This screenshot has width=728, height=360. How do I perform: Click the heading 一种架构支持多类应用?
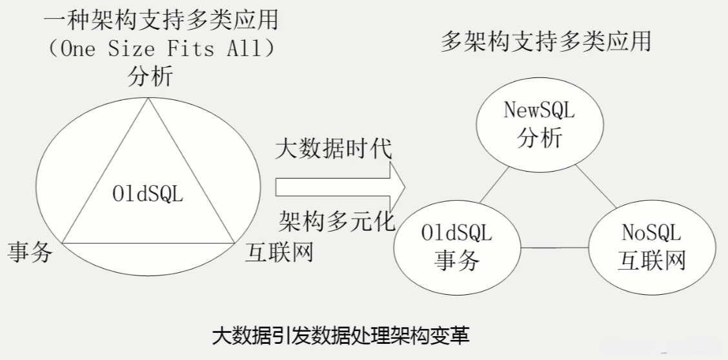click(161, 21)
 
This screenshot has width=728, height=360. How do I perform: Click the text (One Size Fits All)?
click(161, 49)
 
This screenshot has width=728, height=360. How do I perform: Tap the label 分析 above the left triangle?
click(150, 77)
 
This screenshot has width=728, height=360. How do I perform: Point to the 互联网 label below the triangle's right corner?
click(279, 252)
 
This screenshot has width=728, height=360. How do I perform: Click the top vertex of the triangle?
click(149, 99)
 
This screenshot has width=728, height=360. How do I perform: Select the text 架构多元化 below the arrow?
click(336, 221)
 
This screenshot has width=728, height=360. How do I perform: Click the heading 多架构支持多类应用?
click(545, 41)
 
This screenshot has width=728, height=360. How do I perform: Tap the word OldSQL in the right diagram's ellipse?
click(457, 232)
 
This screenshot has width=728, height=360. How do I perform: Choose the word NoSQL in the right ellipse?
click(651, 232)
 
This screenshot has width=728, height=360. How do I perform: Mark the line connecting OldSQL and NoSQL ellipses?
click(554, 248)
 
